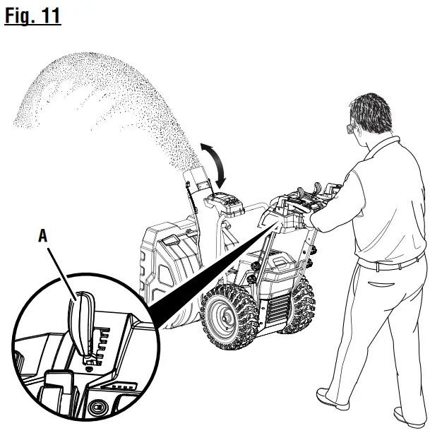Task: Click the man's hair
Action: [x=371, y=112]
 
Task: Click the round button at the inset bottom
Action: [x=99, y=408]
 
